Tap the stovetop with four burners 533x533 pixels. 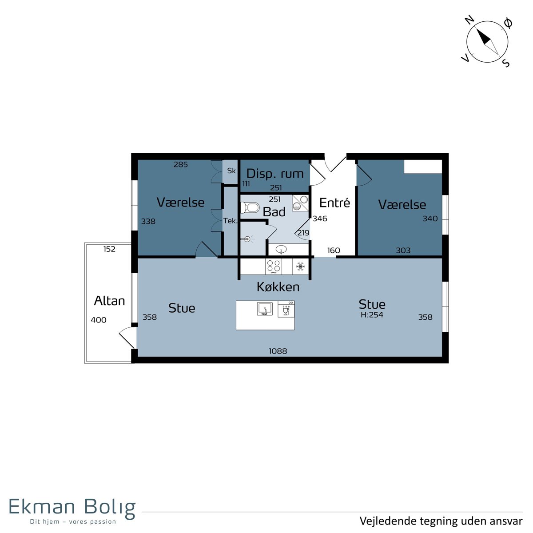pos(274,266)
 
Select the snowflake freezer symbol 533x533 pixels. pos(300,266)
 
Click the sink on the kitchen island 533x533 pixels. pos(265,309)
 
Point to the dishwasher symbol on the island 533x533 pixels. pos(286,309)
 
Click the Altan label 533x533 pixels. pos(110,301)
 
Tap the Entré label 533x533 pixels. pos(335,203)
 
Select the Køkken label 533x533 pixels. pos(278,287)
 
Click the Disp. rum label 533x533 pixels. pos(275,174)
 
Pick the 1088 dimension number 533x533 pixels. pos(278,351)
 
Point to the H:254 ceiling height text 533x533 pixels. pos(372,314)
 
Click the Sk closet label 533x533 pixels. pos(231,171)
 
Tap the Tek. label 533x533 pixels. pos(231,221)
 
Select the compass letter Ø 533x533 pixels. pos(508,23)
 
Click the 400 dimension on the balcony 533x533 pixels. pos(99,320)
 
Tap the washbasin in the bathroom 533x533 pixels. pos(281,250)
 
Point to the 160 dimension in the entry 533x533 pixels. pos(334,251)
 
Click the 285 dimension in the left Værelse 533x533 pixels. pos(181,165)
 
